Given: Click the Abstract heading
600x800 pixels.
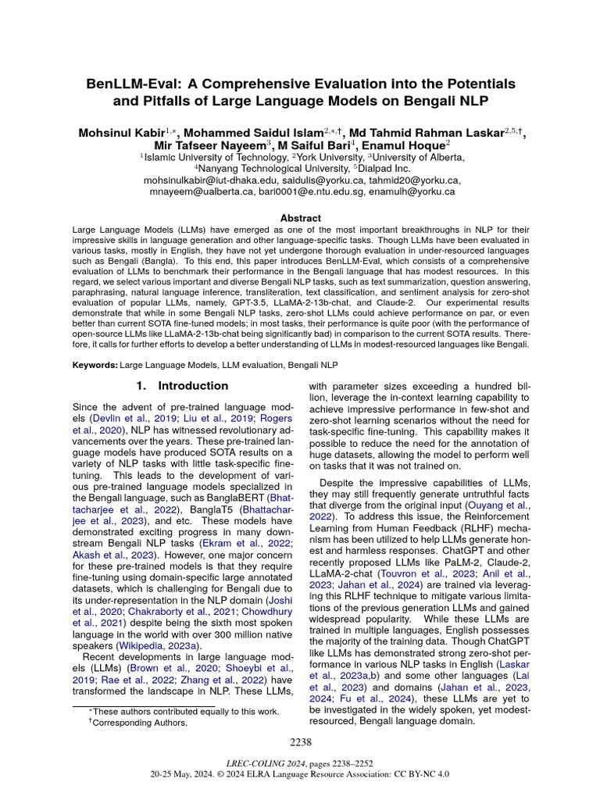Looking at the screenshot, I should [300, 218].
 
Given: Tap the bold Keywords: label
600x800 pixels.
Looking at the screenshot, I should [95, 366].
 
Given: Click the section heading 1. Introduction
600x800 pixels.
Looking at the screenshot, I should [182, 386].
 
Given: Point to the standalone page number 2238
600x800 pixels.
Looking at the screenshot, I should [300, 741].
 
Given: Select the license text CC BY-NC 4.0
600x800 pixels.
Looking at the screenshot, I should [420, 774].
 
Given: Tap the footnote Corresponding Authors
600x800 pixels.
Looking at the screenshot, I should [141, 723].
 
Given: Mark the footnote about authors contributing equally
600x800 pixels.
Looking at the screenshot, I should [184, 712].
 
